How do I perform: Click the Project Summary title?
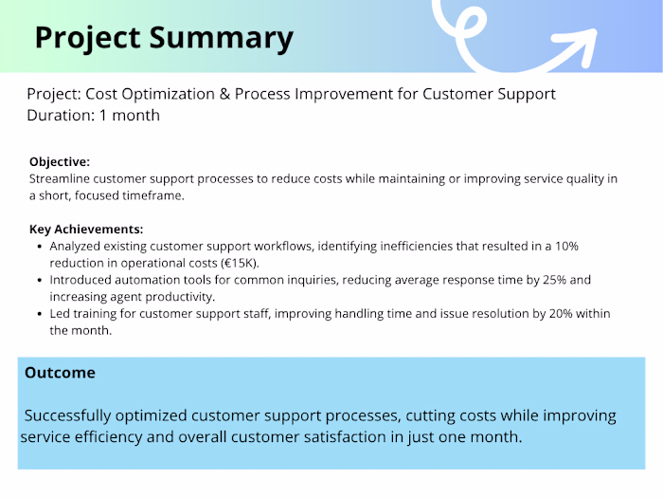point(164,37)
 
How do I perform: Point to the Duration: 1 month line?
point(93,116)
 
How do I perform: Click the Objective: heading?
point(60,162)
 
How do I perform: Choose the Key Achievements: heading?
point(86,230)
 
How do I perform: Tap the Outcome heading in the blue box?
point(60,373)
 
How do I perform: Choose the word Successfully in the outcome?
point(72,416)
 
